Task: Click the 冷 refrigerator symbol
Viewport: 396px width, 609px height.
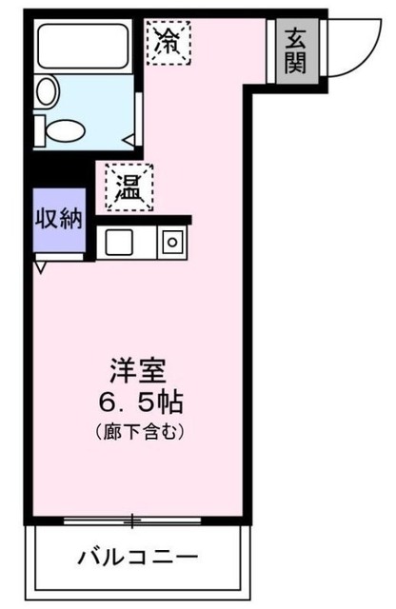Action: [x=168, y=40]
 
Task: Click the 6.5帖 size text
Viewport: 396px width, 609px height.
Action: [x=140, y=401]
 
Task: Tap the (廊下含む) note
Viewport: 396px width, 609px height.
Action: [x=139, y=431]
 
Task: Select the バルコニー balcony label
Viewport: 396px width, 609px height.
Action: [x=140, y=557]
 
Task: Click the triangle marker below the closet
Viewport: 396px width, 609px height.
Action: [x=39, y=268]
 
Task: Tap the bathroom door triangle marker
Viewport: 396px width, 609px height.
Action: [x=129, y=139]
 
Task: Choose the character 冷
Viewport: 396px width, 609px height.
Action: [x=168, y=40]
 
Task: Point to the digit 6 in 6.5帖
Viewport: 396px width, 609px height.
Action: [x=109, y=401]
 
